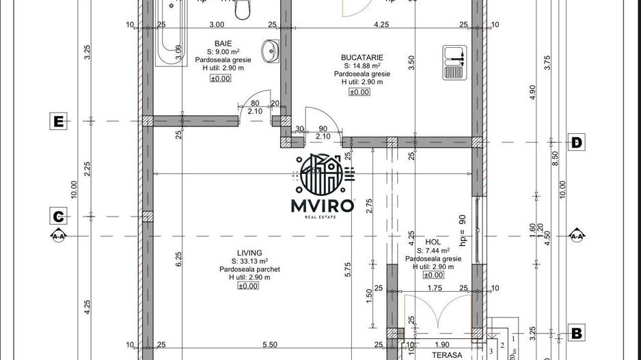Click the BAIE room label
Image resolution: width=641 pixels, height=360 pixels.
tap(223, 43)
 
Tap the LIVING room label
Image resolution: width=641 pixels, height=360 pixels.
tap(248, 252)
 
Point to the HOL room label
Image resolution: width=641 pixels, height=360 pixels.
tap(433, 242)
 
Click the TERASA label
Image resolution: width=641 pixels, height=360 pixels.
tap(447, 355)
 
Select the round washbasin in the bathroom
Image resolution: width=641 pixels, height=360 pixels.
tap(271, 49)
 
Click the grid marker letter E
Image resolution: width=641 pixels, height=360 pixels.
tap(59, 122)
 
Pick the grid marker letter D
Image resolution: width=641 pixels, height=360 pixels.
tap(577, 143)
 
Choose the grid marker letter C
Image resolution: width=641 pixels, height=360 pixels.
tap(59, 217)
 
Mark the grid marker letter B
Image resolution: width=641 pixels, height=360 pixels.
tap(577, 333)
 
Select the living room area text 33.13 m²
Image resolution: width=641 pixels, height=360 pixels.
tap(249, 261)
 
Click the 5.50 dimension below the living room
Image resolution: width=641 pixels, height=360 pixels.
tap(271, 345)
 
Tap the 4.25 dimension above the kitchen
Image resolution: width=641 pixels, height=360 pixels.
tap(381, 25)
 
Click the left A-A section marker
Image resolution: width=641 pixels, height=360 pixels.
tap(58, 236)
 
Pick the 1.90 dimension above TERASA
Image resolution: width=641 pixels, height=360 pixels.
tap(442, 345)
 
